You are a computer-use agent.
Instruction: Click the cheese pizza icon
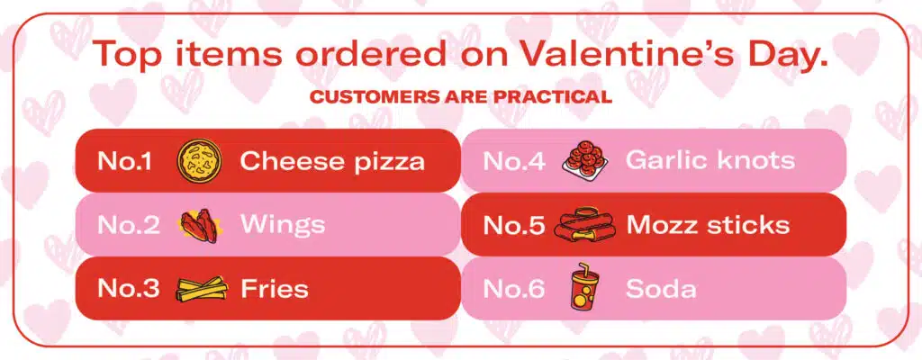195,161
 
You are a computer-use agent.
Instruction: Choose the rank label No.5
514,225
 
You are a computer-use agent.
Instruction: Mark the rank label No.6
514,289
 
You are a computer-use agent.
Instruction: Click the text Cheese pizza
332,162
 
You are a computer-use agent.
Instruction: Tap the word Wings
283,225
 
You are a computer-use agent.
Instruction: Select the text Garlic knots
710,161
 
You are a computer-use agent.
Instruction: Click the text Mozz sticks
708,225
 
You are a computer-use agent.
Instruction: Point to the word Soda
661,289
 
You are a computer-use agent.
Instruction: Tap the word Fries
275,289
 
